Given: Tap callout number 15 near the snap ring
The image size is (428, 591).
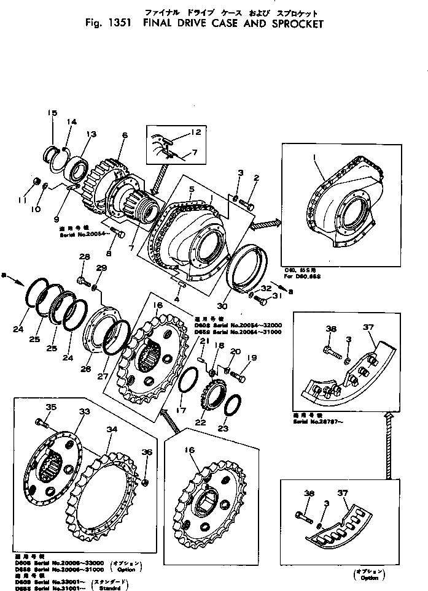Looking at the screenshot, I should [x=52, y=113].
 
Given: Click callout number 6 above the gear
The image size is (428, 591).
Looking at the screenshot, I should [x=124, y=135].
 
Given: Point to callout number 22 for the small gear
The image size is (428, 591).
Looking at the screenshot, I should [x=201, y=422].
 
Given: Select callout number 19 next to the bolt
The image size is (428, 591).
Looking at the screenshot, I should [x=251, y=358].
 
